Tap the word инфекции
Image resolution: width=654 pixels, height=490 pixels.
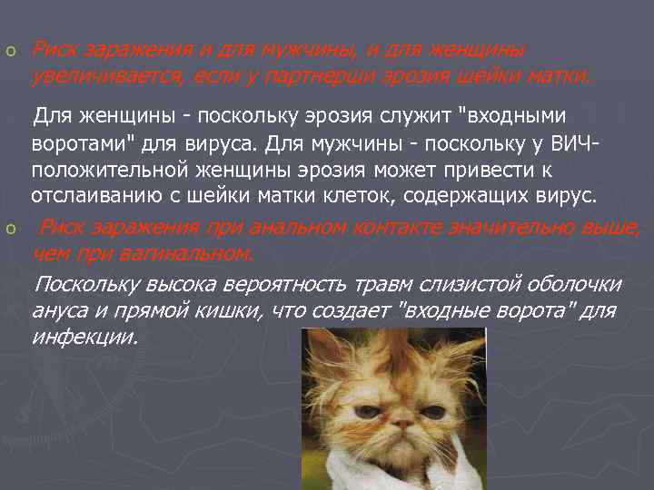pos(84,338)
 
